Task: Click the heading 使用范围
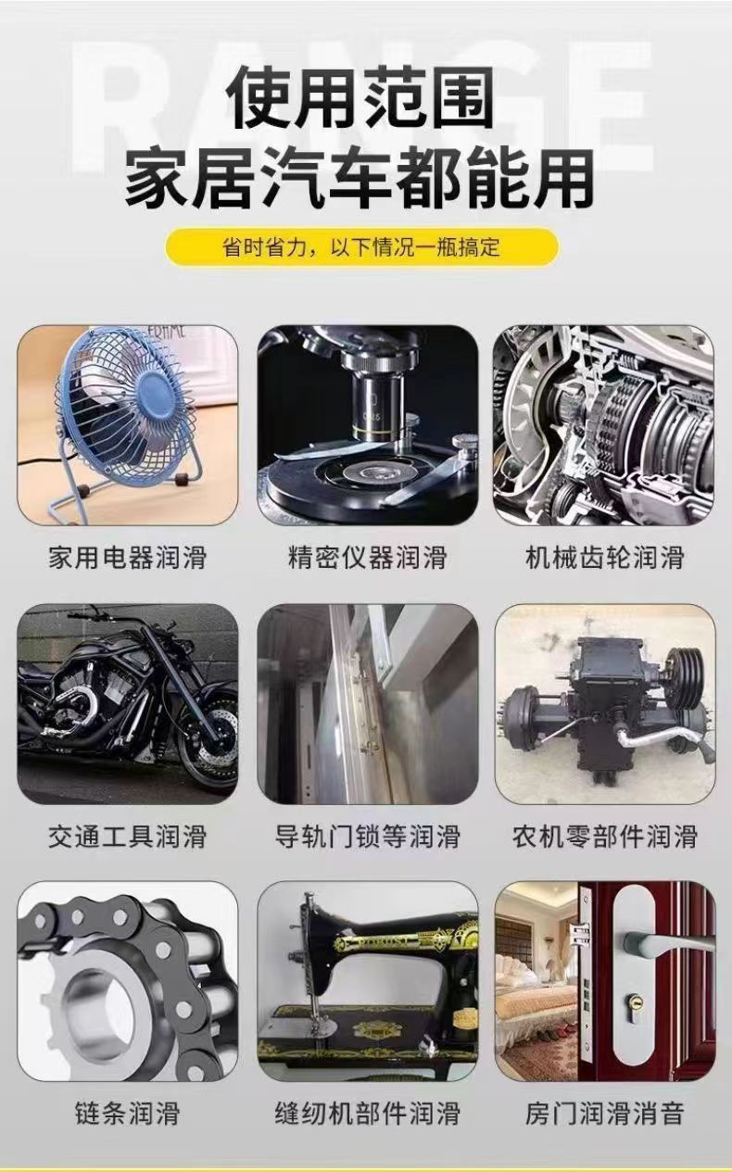[x=362, y=98]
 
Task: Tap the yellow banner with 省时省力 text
[x=361, y=247]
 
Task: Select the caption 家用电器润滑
[x=128, y=558]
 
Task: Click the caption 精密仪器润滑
[x=367, y=558]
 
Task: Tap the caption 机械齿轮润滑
[x=605, y=558]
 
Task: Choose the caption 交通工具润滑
[x=128, y=837]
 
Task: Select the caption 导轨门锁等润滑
[x=367, y=837]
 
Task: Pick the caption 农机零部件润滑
[x=605, y=837]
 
